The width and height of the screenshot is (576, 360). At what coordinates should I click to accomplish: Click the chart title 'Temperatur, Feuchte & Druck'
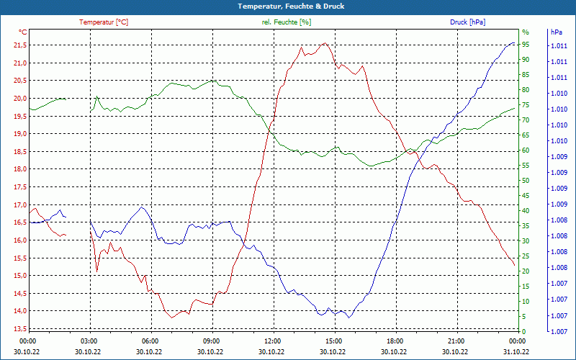point(288,6)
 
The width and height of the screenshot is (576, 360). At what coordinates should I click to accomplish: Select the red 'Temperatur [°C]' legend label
point(104,22)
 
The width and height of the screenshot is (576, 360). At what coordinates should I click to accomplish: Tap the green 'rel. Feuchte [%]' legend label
point(287,22)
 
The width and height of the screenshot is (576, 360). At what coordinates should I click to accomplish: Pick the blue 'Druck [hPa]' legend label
point(467,22)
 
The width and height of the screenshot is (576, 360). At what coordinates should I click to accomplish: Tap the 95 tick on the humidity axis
point(526,45)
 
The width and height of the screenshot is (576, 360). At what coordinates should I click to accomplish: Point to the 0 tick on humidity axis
point(523,332)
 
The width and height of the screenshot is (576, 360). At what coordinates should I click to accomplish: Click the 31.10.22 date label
point(516,351)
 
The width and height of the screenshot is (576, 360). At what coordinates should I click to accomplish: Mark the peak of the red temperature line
point(325,43)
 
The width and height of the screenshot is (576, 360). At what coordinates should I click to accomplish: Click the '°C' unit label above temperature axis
point(22,32)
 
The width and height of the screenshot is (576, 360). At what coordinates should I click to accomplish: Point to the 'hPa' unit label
point(557,32)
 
